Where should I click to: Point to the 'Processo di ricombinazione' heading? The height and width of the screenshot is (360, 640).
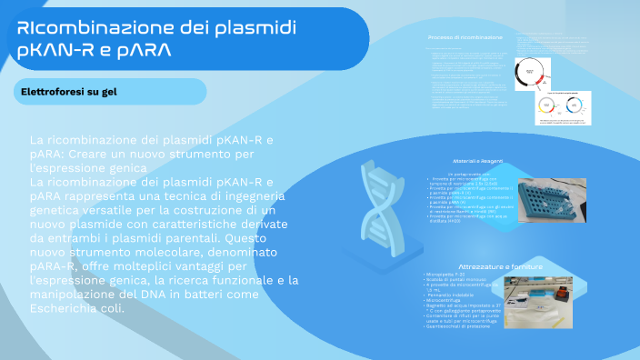pyautogui.click(x=465, y=37)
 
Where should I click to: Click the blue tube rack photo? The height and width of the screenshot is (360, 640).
pyautogui.click(x=552, y=203)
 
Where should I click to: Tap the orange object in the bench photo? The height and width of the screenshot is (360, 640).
pyautogui.click(x=560, y=293)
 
